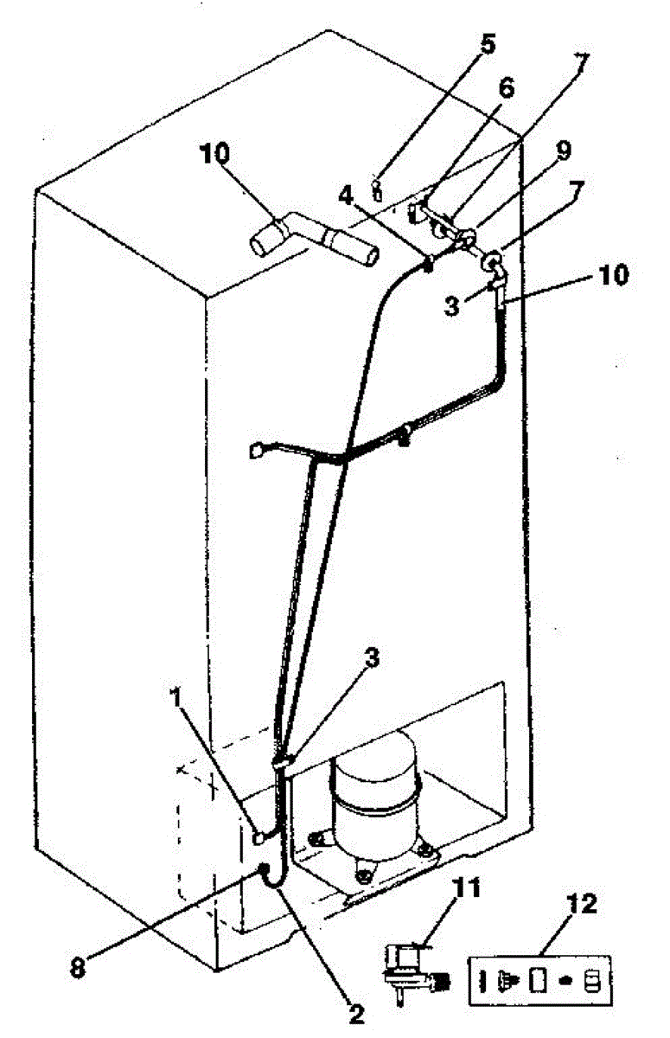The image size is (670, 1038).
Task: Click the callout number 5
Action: [488, 44]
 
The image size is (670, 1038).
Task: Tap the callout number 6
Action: [506, 86]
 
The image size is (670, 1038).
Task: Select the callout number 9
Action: [563, 151]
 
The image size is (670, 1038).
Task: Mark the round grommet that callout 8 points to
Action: [263, 868]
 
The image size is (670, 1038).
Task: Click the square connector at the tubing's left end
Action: [256, 449]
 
